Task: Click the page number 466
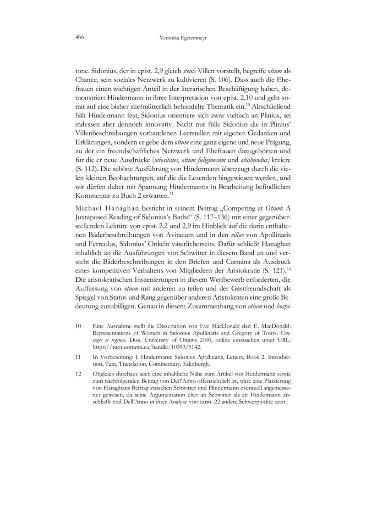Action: point(81,36)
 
